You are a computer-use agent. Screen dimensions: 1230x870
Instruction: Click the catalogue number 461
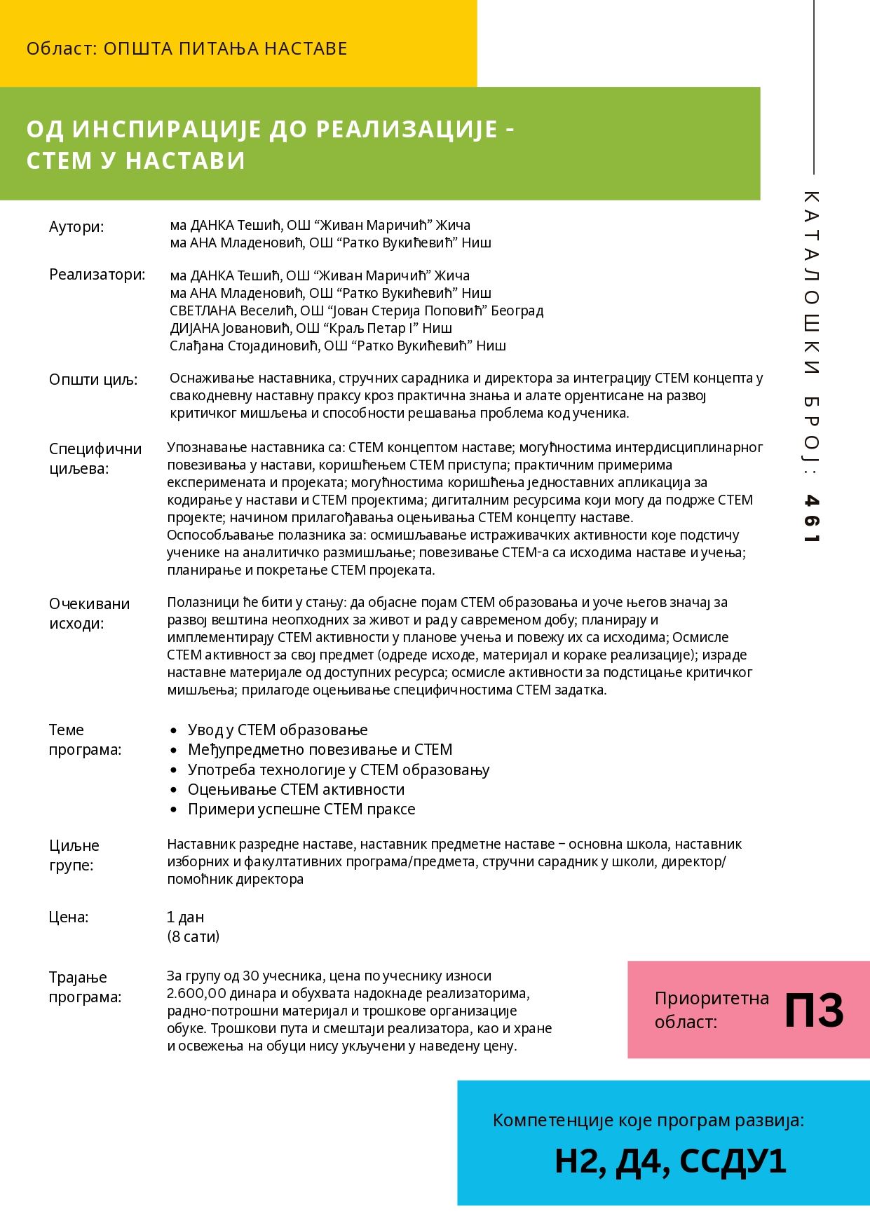(x=811, y=519)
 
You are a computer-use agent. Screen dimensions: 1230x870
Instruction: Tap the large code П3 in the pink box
(x=813, y=1010)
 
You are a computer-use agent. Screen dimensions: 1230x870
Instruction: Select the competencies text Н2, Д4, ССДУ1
(x=670, y=1161)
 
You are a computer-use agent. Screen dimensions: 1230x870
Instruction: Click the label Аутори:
(x=76, y=227)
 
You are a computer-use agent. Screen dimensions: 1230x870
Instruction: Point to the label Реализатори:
(x=97, y=275)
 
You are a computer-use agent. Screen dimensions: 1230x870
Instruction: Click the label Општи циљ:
(x=93, y=380)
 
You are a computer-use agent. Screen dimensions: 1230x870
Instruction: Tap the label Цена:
(x=69, y=917)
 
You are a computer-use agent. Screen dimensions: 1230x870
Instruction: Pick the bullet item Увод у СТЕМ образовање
(x=278, y=730)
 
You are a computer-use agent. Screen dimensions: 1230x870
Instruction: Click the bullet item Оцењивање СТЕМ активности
(x=296, y=790)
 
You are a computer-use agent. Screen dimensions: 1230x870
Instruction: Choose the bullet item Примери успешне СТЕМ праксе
(x=301, y=809)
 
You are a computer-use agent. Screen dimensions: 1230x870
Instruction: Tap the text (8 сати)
(x=193, y=936)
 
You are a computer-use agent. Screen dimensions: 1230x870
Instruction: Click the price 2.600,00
(x=197, y=994)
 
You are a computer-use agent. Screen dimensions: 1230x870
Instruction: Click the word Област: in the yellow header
(x=61, y=49)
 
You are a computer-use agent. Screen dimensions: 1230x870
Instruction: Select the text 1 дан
(x=185, y=917)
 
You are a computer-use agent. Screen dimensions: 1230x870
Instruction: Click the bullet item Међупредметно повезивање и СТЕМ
(x=320, y=750)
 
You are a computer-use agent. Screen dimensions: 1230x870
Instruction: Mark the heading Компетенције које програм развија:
(x=648, y=1121)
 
